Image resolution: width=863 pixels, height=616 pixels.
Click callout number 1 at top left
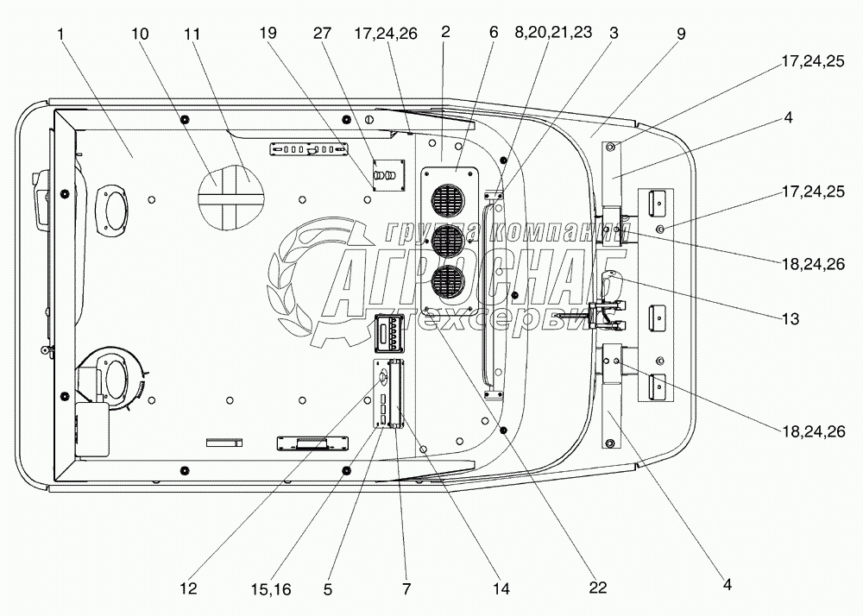tap(60, 35)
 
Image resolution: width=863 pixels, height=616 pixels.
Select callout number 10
tap(140, 35)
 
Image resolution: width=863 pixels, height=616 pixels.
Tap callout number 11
tap(192, 35)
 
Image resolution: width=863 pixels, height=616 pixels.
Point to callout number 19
tap(268, 33)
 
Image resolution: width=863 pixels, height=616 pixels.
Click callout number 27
tap(323, 33)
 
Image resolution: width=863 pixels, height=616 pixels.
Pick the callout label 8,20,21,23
tap(553, 33)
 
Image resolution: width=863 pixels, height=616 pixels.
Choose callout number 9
tap(682, 35)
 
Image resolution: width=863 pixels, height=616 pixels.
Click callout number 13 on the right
tap(791, 318)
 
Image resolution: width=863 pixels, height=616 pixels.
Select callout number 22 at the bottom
tap(598, 588)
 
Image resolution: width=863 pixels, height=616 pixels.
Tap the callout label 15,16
tap(271, 589)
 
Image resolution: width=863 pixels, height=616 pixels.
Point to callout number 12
tap(188, 588)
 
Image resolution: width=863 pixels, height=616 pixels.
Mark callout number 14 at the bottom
tap(501, 588)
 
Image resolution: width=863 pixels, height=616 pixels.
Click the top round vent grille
tap(447, 199)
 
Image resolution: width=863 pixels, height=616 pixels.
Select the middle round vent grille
tap(447, 242)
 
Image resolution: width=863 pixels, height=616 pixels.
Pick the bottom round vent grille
tap(447, 283)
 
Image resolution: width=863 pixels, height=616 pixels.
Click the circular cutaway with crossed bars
tap(230, 197)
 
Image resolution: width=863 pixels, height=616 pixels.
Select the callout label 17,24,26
tap(386, 35)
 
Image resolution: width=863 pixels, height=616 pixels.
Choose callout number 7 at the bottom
tap(406, 589)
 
